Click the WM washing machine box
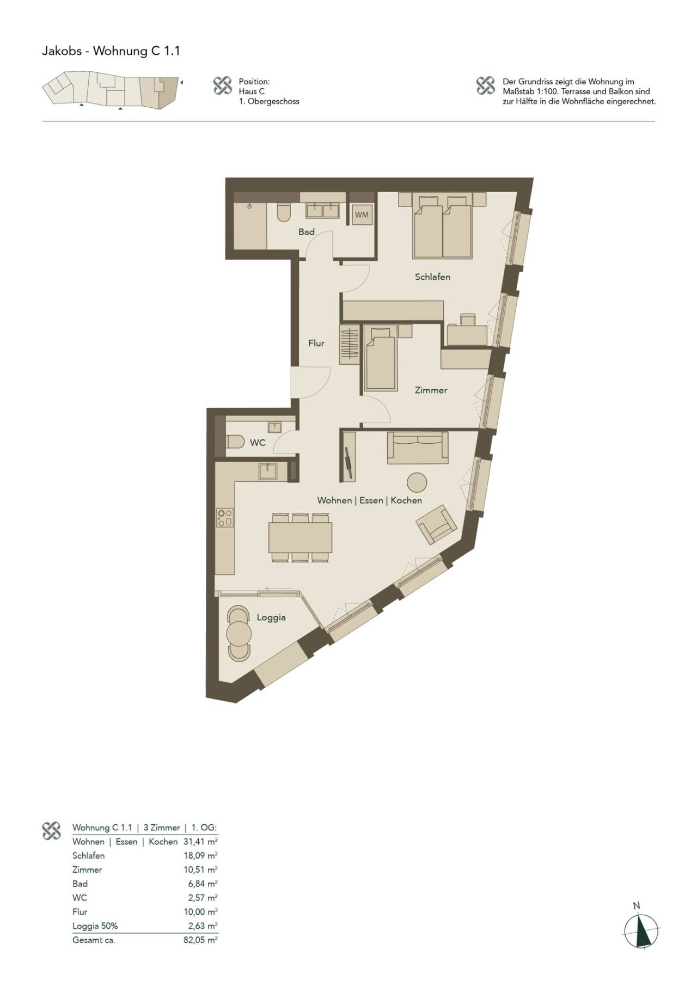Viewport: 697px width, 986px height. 362,215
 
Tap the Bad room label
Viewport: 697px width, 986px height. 307,232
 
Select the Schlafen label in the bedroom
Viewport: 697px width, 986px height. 432,277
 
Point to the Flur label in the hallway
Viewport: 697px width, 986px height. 316,343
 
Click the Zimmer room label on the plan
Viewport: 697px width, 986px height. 431,390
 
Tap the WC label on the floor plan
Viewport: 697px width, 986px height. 258,442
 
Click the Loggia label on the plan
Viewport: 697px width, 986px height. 271,617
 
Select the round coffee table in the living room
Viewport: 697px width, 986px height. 417,482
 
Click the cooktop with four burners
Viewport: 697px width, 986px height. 225,517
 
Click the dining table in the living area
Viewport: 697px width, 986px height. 300,537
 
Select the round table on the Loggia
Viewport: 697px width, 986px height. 239,634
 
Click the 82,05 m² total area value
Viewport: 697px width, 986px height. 200,940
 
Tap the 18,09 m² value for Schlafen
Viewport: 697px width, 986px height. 200,855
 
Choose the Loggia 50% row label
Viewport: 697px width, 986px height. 95,926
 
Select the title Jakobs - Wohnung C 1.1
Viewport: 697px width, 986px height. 111,51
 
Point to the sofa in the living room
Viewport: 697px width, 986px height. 418,448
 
